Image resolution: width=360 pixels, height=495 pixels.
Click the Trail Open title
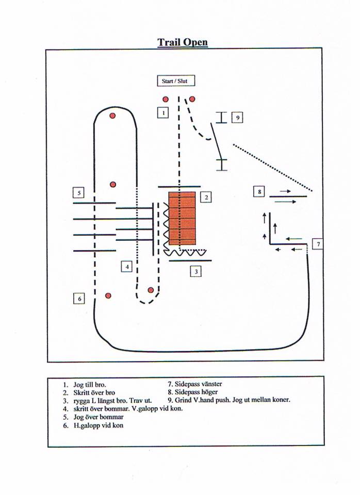(183, 42)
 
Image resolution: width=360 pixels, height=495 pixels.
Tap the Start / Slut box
(176, 81)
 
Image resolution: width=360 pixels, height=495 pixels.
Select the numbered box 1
(162, 112)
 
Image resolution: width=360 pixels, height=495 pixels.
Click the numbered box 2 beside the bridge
(206, 196)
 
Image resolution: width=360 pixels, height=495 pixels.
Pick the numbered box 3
(195, 271)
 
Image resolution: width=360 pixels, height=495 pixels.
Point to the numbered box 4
(127, 267)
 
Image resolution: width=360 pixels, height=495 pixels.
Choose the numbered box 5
(78, 193)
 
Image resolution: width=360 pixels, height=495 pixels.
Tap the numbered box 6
(79, 298)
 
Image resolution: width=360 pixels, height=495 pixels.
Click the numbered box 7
(318, 244)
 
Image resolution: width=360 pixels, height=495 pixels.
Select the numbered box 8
(259, 192)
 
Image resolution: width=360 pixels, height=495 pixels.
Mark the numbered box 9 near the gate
(237, 118)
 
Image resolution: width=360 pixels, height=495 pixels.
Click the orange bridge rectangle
(182, 218)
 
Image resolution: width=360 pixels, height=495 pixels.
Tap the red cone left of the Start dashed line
(166, 99)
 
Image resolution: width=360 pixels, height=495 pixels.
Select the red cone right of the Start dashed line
(192, 99)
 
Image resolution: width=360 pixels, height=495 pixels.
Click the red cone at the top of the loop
(112, 115)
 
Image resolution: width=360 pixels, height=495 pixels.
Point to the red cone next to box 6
(108, 295)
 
